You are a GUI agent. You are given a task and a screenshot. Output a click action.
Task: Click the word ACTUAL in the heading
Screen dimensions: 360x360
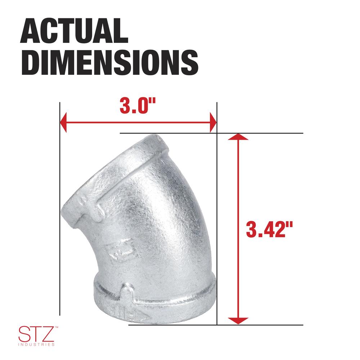point(74,31)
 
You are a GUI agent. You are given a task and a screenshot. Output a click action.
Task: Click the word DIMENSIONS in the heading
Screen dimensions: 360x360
point(109,62)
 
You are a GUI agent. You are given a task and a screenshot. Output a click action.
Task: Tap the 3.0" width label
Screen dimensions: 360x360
point(138,105)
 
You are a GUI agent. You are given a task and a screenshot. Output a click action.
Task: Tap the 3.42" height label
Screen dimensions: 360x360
point(269,229)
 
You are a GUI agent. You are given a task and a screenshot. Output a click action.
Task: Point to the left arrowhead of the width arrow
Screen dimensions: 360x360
point(63,122)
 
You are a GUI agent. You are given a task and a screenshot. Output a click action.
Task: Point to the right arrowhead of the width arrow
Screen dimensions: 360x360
point(213,122)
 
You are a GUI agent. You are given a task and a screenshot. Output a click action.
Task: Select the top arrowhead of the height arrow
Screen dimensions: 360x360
point(238,137)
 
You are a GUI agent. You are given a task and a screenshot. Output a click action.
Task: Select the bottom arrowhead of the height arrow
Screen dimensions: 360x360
point(238,321)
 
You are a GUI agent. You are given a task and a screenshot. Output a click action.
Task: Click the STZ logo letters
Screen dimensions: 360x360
point(36,334)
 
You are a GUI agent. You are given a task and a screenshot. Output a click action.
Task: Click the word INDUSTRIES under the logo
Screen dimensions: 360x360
point(36,345)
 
